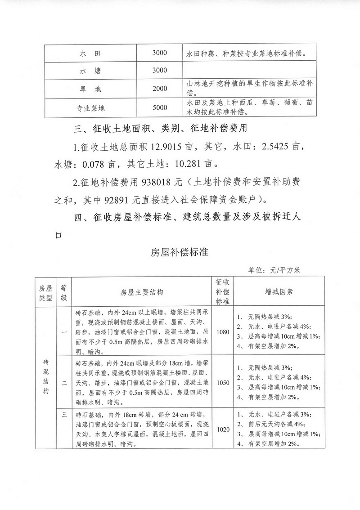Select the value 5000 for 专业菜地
coord(159,107)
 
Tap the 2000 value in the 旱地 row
coord(159,89)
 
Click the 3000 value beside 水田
coord(159,53)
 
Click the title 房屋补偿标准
coord(180,252)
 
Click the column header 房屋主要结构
coord(142,292)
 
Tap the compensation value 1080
coord(223,332)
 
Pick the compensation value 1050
coord(223,383)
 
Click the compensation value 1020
coord(223,429)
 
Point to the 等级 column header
coord(64,292)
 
